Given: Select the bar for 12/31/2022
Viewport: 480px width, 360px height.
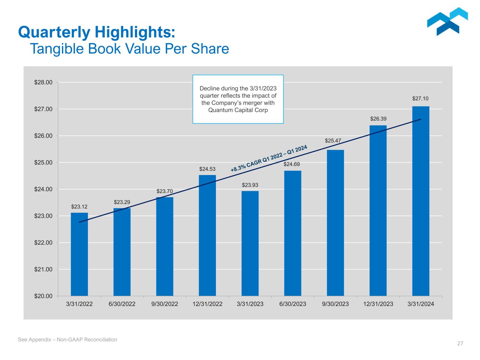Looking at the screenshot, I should pos(207,236).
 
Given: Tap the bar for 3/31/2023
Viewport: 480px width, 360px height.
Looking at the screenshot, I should pos(250,243).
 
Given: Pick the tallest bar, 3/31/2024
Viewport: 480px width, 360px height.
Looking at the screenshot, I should pos(421,201).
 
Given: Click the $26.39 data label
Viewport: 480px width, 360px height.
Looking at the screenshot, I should pos(378,119).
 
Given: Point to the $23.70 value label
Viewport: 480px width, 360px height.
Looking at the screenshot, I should pos(165,191).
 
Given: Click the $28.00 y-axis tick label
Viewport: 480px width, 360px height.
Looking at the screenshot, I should pos(43,83).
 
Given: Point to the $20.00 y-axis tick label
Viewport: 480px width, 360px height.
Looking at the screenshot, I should pos(43,296).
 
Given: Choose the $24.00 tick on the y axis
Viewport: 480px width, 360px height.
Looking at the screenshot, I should pos(43,189).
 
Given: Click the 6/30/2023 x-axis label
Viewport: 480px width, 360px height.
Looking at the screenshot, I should pos(293,304).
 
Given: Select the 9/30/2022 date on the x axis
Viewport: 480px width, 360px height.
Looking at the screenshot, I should pos(165,304).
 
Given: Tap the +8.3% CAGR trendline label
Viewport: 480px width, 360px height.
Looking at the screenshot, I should pos(269,159).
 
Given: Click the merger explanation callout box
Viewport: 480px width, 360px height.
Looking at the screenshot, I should pos(238,99).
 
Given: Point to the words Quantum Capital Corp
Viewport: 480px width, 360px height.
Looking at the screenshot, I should pos(238,110).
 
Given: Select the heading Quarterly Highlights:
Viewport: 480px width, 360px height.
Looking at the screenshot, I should pos(97,32).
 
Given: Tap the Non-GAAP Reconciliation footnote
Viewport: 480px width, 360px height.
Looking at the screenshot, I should pos(68,340).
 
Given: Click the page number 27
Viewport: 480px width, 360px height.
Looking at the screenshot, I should pos(460,344).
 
